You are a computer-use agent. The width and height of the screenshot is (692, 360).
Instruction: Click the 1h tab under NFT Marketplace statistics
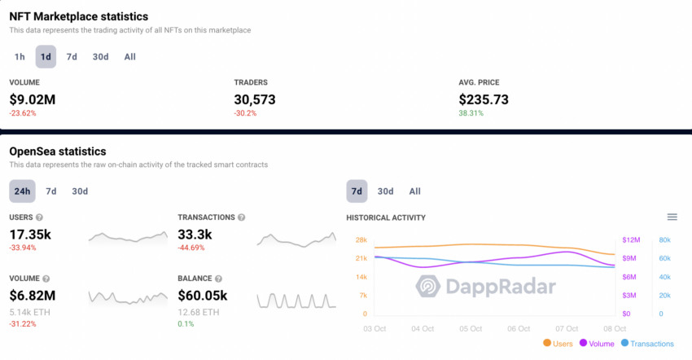tap(20, 57)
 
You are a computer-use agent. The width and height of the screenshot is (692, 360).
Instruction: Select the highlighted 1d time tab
tap(46, 57)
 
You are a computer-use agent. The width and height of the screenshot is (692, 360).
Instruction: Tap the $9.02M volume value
tap(33, 99)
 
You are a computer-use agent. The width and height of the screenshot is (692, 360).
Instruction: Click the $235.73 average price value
tap(484, 99)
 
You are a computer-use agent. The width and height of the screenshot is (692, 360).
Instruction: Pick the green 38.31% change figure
tap(471, 113)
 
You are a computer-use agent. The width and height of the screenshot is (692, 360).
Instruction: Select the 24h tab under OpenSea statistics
tap(22, 191)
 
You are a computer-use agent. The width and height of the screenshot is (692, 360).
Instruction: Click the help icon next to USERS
tap(39, 217)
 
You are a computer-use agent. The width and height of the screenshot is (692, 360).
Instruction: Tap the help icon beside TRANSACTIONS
tap(241, 217)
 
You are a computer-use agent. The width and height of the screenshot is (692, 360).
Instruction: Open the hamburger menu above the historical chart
tap(672, 217)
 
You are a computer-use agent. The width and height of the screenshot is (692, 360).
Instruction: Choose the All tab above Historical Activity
tap(415, 191)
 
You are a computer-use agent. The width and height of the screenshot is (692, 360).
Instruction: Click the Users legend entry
tap(557, 345)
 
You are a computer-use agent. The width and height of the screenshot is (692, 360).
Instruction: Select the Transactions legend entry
tap(647, 345)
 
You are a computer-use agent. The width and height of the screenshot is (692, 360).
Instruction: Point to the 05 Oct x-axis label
tap(471, 329)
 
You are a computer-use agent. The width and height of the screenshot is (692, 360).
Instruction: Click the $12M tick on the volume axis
tap(631, 239)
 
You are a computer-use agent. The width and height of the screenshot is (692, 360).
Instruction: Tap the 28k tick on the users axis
tap(361, 239)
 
